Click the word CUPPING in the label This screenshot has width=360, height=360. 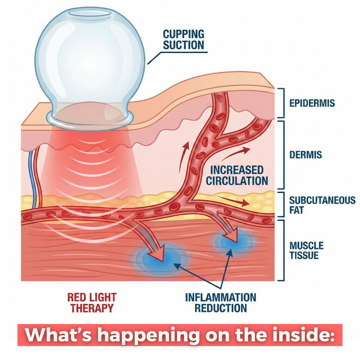point(183,34)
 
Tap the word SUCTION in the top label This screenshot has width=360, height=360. point(183,45)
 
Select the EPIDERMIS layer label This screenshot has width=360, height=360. point(312,103)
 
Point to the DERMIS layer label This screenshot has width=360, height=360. point(306,155)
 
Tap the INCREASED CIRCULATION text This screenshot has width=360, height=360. point(237,175)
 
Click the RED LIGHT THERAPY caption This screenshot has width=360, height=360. point(92,303)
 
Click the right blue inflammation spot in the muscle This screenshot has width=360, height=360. point(233,241)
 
